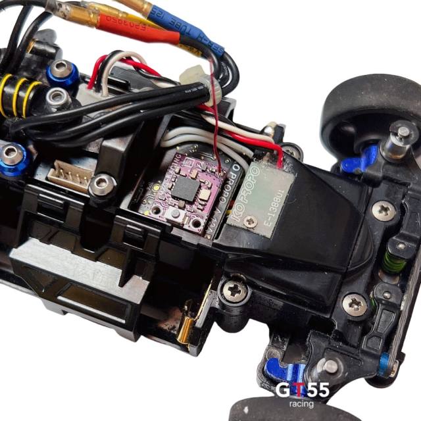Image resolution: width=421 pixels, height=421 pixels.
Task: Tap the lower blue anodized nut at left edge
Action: [12, 158]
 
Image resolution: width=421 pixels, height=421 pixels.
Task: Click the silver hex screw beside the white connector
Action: [101, 184]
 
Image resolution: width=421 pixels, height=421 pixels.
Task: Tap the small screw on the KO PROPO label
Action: [249, 222]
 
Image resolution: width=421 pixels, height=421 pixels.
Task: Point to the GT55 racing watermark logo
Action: [302, 393]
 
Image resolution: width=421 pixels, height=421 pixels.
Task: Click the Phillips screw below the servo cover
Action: [234, 289]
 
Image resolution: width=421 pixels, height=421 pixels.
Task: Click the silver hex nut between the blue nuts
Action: [58, 99]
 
